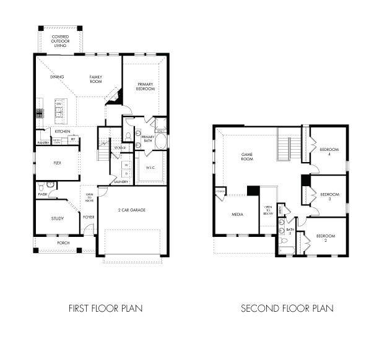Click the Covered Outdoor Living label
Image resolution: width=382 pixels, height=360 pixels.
point(60,41)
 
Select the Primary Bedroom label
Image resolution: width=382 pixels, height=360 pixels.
point(145,87)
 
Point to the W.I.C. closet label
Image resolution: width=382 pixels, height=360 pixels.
point(150,168)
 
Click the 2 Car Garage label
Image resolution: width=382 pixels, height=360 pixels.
point(131,210)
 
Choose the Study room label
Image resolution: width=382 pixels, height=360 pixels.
point(57,218)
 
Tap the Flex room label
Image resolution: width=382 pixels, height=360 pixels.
point(57,163)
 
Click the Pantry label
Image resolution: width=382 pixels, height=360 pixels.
point(43,143)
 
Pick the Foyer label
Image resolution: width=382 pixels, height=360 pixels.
point(89,216)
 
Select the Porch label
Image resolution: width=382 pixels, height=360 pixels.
point(63,243)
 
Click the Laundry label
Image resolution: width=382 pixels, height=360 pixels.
point(120,182)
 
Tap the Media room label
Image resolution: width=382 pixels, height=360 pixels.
point(237,215)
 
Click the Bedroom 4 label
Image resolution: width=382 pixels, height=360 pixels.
point(329,152)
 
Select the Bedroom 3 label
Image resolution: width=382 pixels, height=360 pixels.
point(329,197)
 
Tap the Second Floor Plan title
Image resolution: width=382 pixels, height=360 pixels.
point(287,307)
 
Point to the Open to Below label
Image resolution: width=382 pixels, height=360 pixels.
point(269,210)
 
